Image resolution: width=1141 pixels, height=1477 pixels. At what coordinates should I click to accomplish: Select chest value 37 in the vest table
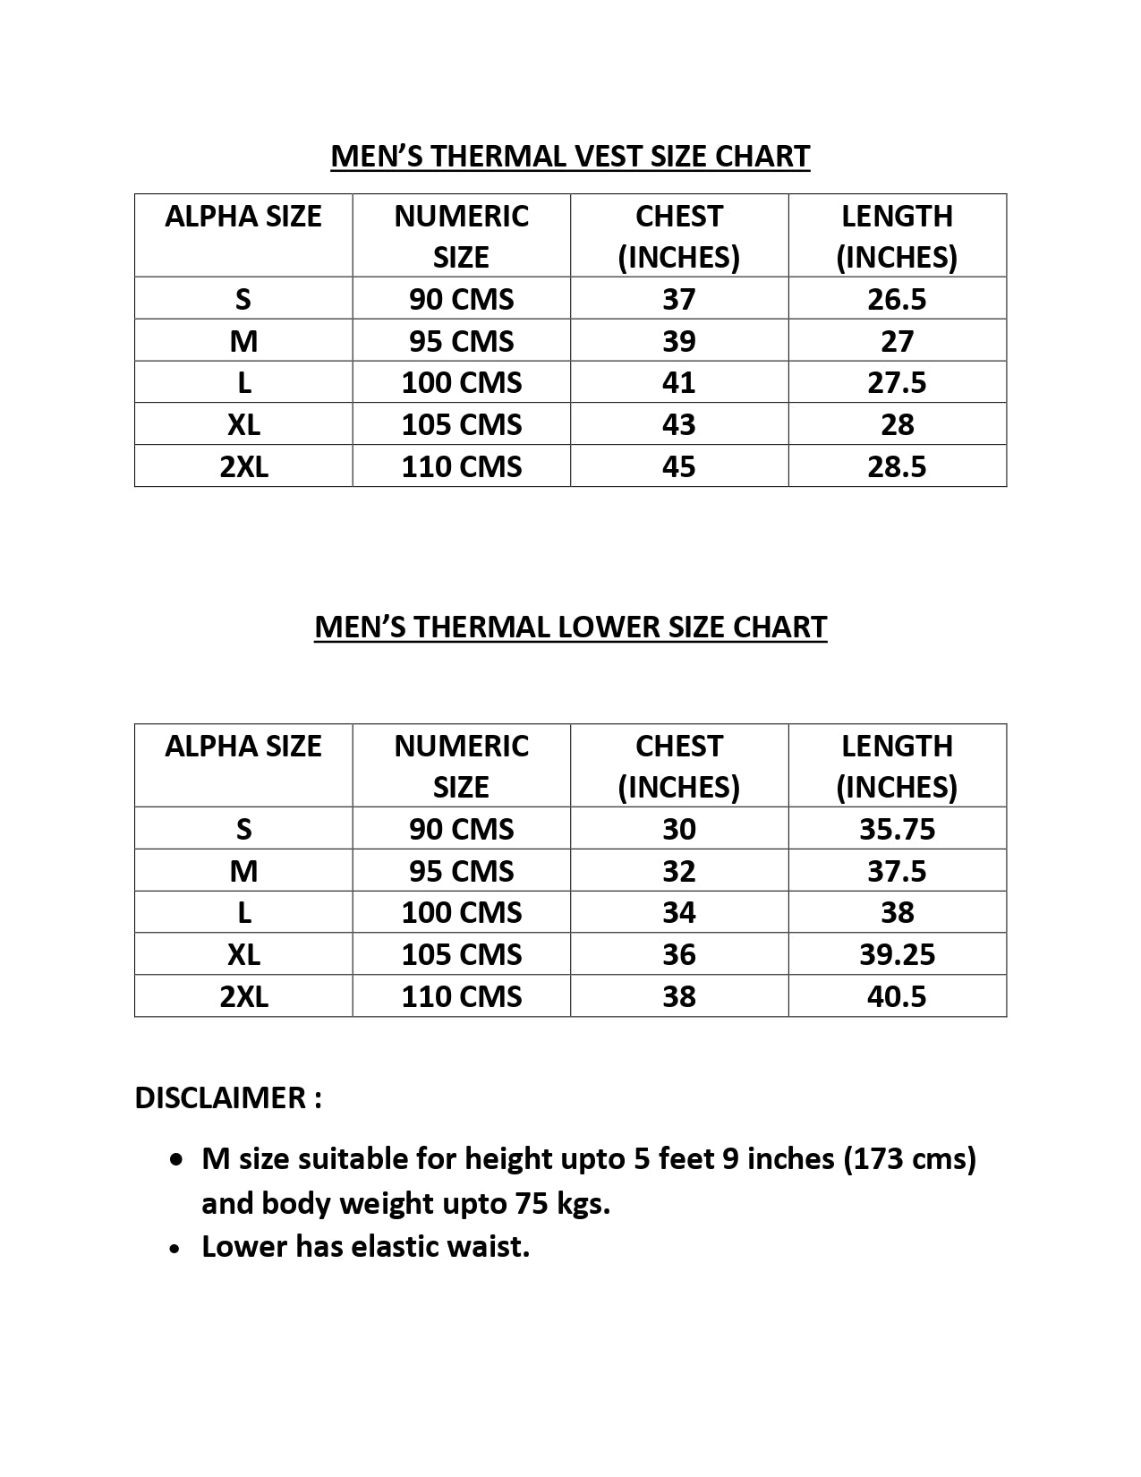click(x=678, y=299)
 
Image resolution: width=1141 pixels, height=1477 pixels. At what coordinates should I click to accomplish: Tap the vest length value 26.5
click(x=897, y=299)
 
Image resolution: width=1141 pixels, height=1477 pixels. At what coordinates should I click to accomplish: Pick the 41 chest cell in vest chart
click(x=678, y=383)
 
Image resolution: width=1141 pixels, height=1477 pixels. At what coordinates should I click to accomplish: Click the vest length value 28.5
click(x=897, y=466)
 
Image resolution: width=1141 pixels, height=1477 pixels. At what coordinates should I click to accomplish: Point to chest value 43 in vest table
click(x=678, y=424)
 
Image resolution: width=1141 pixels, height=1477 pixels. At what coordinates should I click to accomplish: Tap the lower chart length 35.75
click(x=897, y=829)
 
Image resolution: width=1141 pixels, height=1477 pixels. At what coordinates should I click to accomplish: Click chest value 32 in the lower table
click(x=678, y=871)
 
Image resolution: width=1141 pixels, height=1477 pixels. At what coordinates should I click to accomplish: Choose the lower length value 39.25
click(x=897, y=954)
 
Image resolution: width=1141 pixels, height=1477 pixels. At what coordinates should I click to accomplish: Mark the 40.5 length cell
click(x=897, y=996)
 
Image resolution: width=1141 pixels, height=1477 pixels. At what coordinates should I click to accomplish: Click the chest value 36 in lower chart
click(x=678, y=954)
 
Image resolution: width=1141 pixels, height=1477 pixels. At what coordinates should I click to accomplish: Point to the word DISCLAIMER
click(x=219, y=1097)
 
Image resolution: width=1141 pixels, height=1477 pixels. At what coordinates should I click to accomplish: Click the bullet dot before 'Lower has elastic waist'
click(x=177, y=1248)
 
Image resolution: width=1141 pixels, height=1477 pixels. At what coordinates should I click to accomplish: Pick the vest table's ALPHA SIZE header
click(x=243, y=217)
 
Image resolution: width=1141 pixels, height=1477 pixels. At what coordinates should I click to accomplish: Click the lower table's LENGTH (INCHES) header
click(x=897, y=766)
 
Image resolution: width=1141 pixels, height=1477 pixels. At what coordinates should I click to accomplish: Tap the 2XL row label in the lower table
click(x=243, y=996)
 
